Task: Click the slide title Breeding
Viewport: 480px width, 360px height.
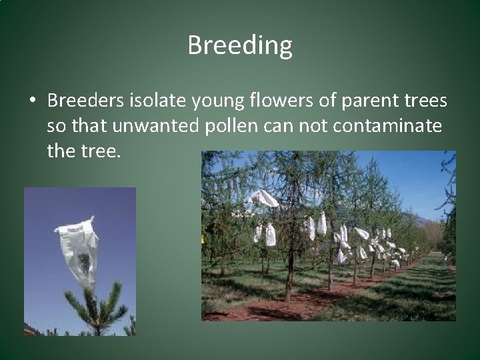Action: click(x=240, y=46)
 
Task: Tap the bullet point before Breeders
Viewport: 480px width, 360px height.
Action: click(x=32, y=101)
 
